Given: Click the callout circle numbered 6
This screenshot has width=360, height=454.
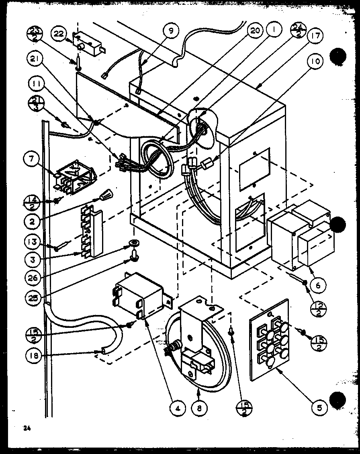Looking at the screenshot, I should click(x=318, y=286).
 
